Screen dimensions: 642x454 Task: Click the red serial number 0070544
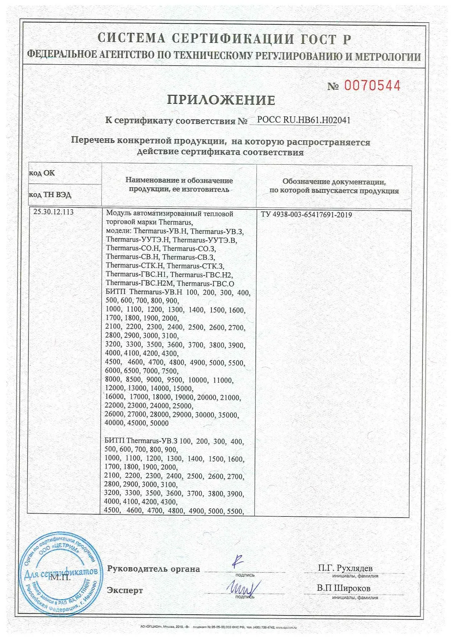(x=372, y=86)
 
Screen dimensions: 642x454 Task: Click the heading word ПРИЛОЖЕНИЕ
(x=221, y=100)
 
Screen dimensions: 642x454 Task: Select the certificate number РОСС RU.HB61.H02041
(x=304, y=120)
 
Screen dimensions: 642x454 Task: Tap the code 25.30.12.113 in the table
(x=53, y=212)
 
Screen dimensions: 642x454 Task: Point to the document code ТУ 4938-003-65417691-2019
(x=306, y=215)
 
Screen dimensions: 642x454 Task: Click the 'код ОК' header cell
(x=42, y=173)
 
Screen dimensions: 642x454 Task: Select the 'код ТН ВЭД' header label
(x=50, y=195)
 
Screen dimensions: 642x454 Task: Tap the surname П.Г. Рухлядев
(x=345, y=568)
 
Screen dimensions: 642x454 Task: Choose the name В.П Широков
(x=343, y=588)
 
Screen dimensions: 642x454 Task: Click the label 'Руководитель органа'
(x=153, y=569)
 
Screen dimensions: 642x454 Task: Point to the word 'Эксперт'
(x=125, y=590)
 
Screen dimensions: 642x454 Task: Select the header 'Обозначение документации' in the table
(x=334, y=182)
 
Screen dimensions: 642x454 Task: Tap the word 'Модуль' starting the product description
(x=117, y=213)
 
